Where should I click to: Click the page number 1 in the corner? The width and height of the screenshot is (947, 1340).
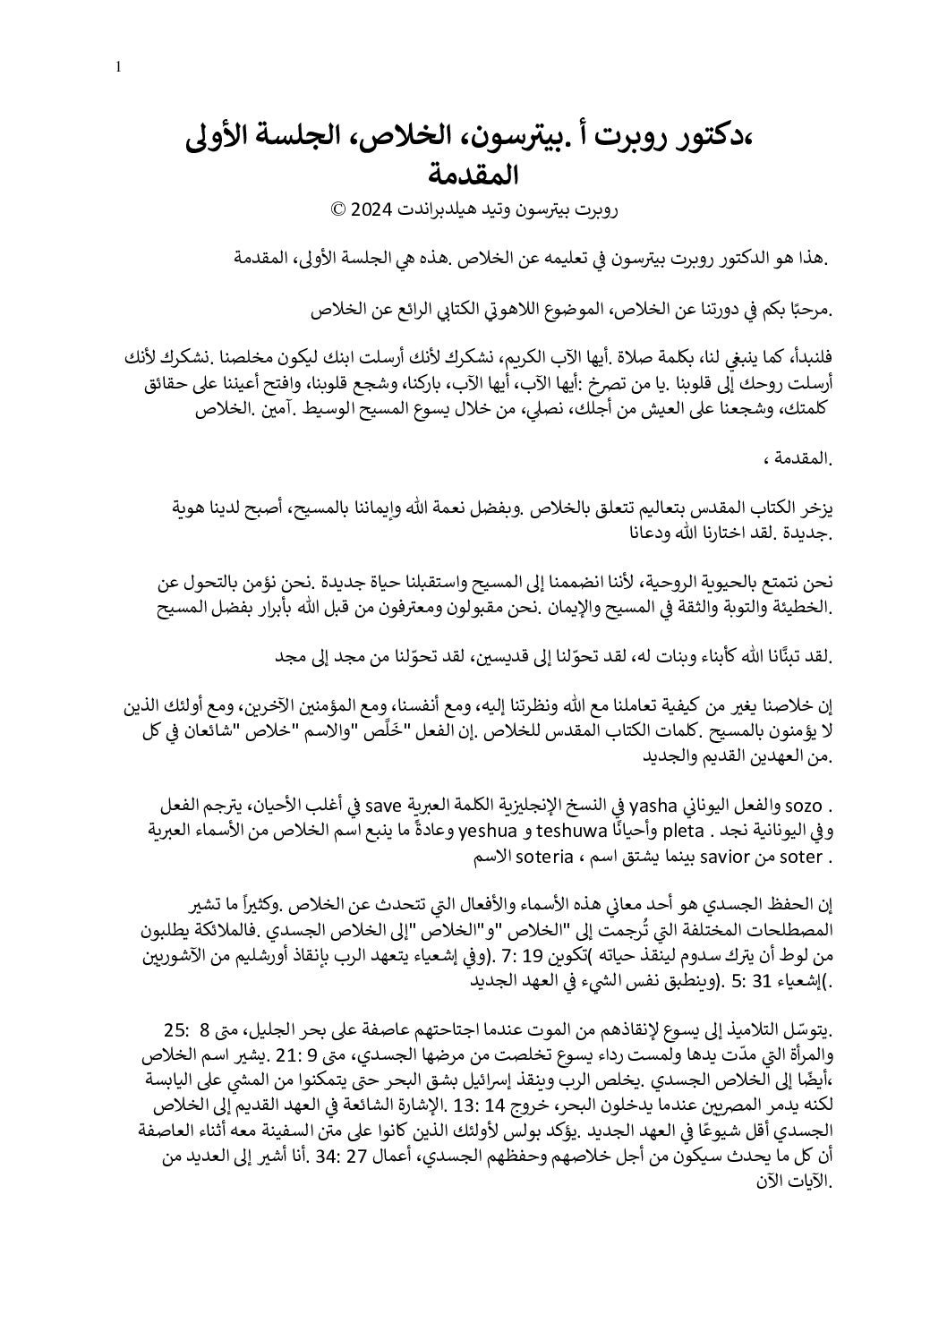point(118,65)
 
